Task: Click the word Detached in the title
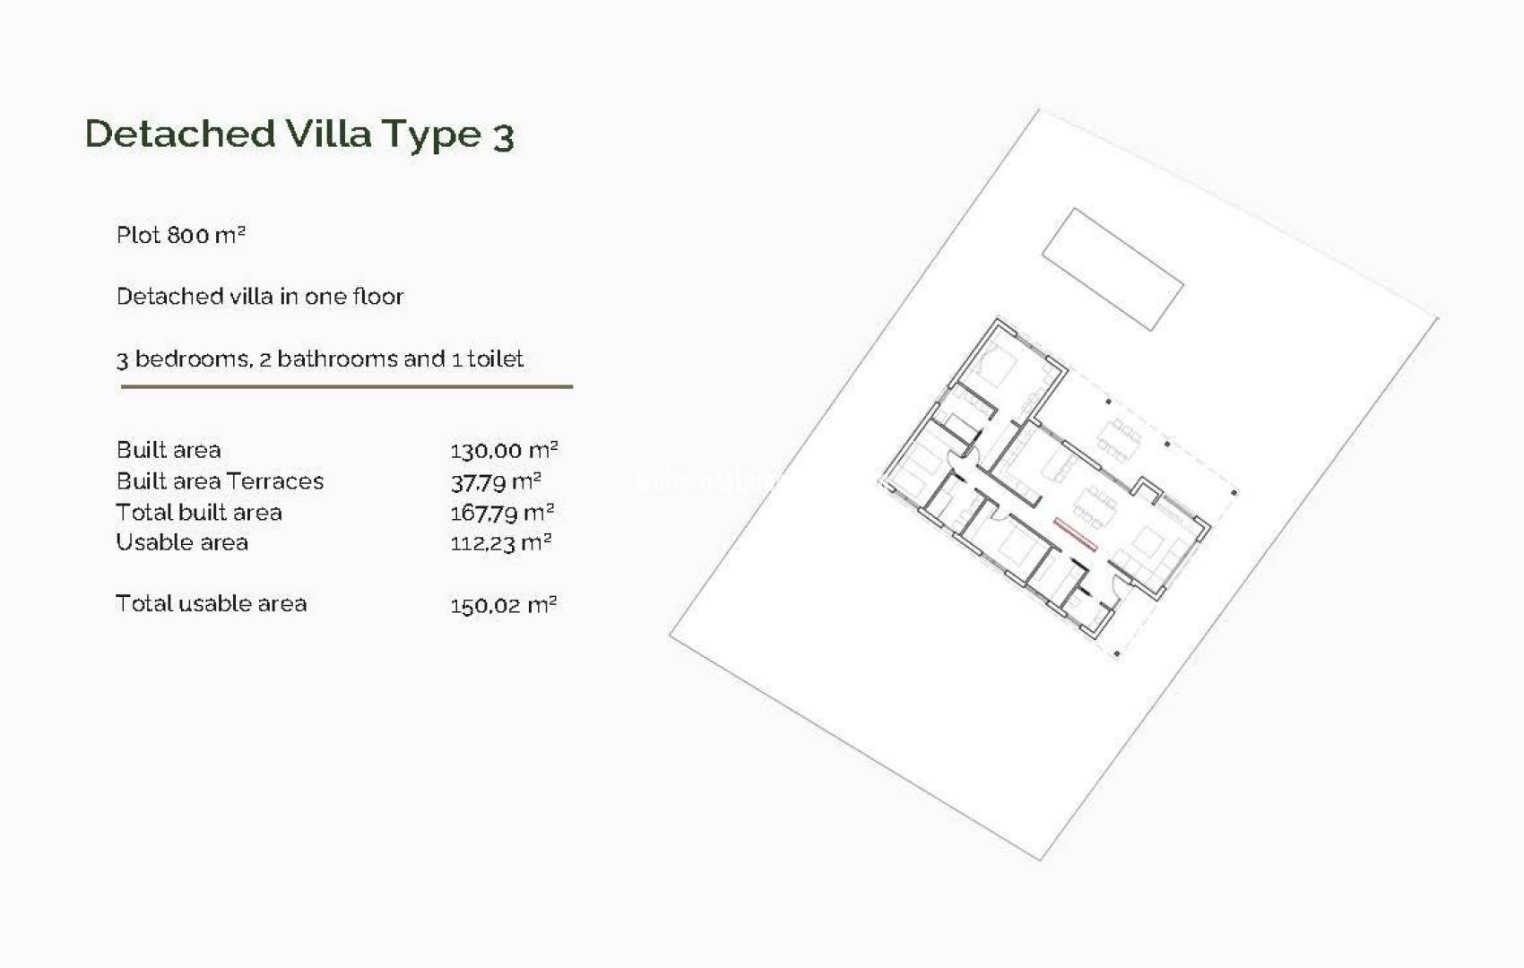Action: click(x=179, y=134)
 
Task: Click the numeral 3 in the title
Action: click(x=503, y=137)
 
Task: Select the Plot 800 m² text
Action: click(x=180, y=235)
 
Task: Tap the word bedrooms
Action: click(x=192, y=359)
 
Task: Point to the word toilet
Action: click(x=495, y=359)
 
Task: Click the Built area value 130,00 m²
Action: click(x=503, y=451)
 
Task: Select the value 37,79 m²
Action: click(x=495, y=482)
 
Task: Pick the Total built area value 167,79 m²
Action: click(x=501, y=513)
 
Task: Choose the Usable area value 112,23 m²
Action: click(x=500, y=543)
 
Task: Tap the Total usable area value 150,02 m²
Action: click(x=502, y=605)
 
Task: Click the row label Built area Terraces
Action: click(x=220, y=481)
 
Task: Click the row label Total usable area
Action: click(x=211, y=603)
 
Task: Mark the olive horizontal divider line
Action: click(x=346, y=386)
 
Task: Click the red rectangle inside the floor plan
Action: click(x=1075, y=534)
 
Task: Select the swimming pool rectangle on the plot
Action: click(x=1113, y=269)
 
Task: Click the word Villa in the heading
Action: click(x=328, y=134)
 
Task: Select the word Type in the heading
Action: click(x=431, y=135)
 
